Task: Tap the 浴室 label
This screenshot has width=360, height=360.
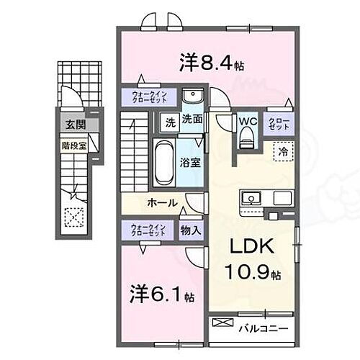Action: (x=190, y=162)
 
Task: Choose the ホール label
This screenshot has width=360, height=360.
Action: (x=163, y=203)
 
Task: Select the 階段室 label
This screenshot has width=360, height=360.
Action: (x=71, y=144)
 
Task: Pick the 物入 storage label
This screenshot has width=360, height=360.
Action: (x=189, y=230)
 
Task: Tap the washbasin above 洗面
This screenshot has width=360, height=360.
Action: (x=192, y=98)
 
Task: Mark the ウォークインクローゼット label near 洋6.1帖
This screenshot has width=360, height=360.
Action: (x=148, y=230)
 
